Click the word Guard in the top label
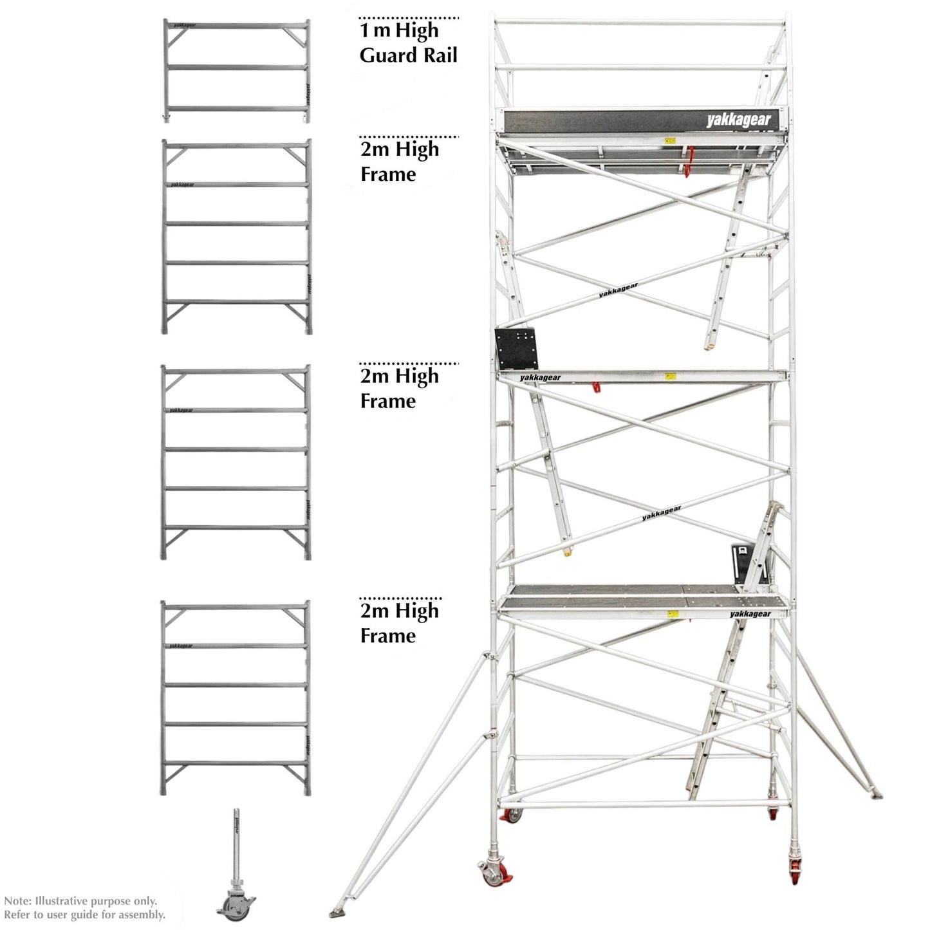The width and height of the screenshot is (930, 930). point(384,56)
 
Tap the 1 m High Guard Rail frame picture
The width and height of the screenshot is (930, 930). point(236,71)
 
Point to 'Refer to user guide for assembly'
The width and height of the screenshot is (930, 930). point(84,915)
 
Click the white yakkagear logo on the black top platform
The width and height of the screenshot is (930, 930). point(738,120)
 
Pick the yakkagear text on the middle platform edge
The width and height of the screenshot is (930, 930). point(541,378)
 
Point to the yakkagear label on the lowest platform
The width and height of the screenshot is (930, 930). point(750,614)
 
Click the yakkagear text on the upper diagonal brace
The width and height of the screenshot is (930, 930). point(618,291)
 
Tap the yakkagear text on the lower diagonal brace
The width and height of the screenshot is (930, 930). point(661,514)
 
